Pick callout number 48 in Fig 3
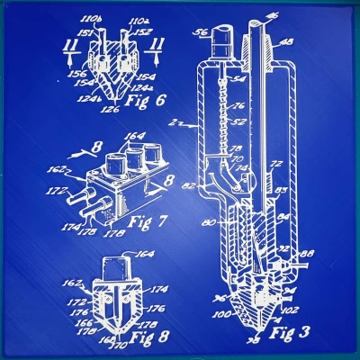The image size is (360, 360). click(288, 40)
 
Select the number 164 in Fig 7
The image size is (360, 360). click(134, 138)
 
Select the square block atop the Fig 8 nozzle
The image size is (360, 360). click(116, 266)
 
